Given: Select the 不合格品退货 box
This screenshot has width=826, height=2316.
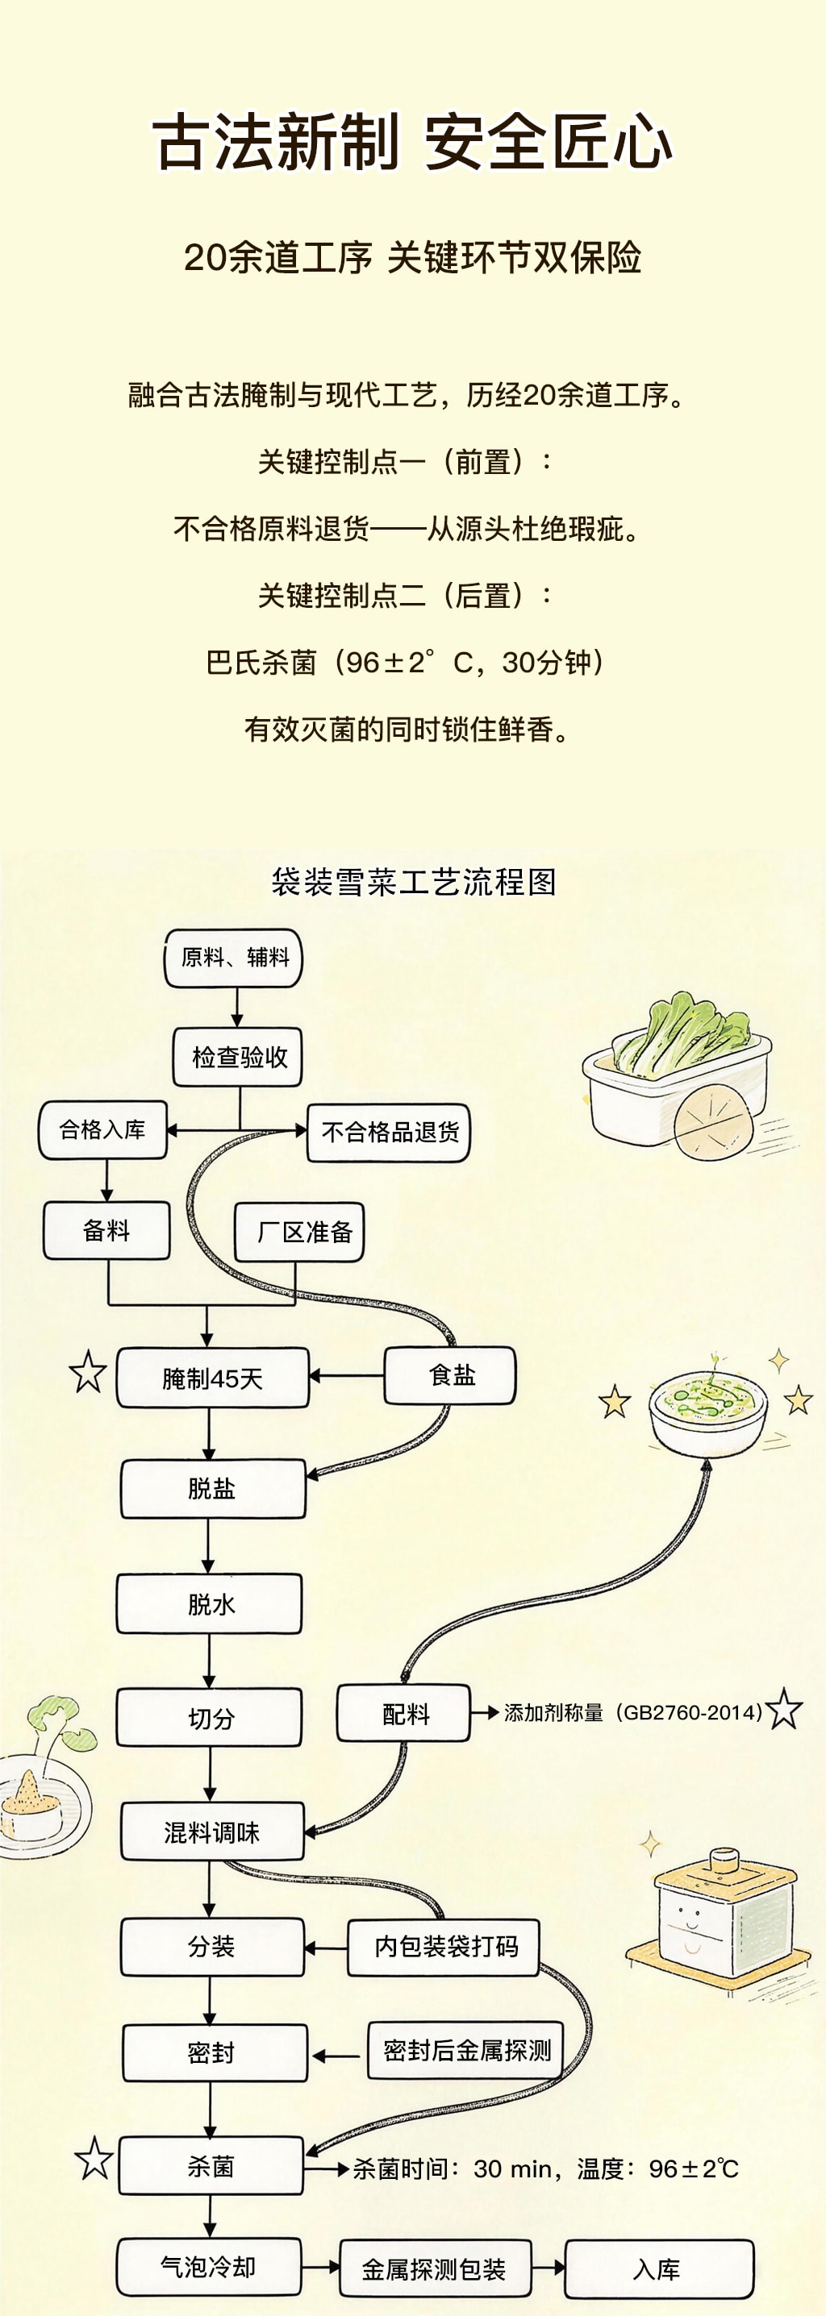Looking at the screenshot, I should (x=389, y=1132).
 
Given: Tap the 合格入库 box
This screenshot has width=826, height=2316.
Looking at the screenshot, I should (x=102, y=1130).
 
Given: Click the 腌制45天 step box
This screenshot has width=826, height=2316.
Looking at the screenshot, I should (x=212, y=1378).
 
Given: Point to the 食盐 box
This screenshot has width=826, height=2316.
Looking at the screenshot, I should (x=450, y=1374).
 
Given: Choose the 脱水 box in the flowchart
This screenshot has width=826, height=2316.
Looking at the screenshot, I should (x=209, y=1603).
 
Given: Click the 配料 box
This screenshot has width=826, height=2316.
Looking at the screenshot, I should (x=404, y=1714).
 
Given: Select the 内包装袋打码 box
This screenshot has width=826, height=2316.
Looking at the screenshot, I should (x=444, y=1947).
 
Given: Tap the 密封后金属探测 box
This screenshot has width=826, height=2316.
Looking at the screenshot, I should (x=466, y=2051).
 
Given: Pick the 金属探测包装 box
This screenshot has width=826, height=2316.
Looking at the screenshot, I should (x=435, y=2268).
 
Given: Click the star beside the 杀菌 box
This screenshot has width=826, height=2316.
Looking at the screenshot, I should (x=94, y=2159).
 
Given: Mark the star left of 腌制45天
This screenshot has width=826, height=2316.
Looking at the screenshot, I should (x=87, y=1372).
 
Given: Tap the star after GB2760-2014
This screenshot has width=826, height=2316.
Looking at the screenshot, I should (x=785, y=1709).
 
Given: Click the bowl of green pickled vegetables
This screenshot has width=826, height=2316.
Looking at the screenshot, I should (x=707, y=1411).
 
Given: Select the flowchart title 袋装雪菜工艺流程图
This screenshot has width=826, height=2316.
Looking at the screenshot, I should (x=413, y=882).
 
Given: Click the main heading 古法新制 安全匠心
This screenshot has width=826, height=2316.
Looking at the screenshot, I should (x=413, y=142).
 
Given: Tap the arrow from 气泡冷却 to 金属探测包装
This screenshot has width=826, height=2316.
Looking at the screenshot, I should (x=320, y=2268).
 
